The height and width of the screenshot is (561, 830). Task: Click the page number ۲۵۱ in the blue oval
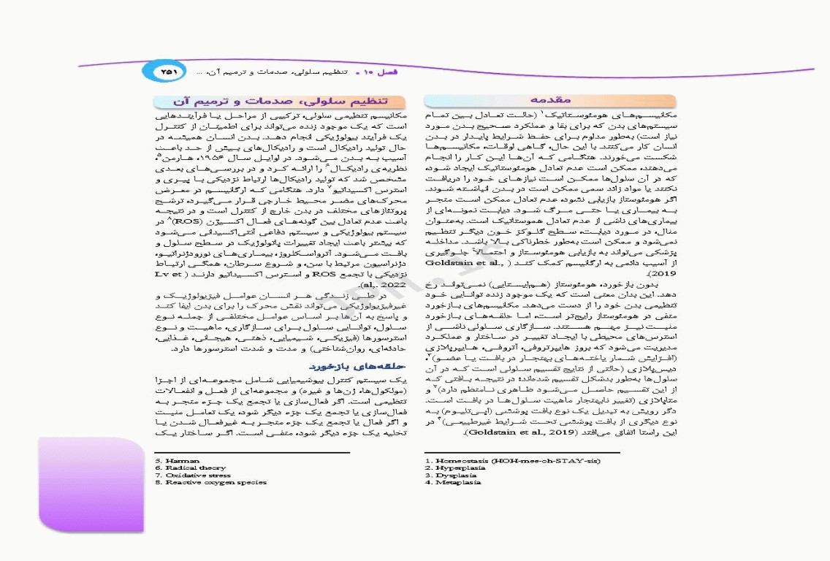(x=169, y=72)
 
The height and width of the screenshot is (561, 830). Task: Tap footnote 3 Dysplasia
(x=451, y=476)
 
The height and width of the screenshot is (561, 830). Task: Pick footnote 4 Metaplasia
(x=453, y=483)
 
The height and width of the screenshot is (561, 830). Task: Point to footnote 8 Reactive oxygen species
(x=211, y=483)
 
